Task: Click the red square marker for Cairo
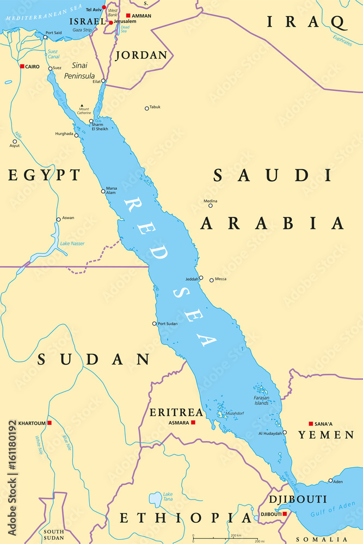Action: (22, 66)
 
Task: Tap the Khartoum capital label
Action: (30, 423)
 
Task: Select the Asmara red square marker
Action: (193, 423)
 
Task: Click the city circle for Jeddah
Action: (201, 278)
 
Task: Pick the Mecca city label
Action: (221, 279)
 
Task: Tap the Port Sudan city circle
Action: (155, 324)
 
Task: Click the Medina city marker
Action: (211, 206)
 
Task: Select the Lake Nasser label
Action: (72, 243)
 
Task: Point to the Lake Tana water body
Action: (156, 499)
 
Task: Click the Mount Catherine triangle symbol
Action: (82, 106)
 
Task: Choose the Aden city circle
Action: (330, 480)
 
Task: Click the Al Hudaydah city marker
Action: (285, 433)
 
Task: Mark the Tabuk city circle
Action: (147, 108)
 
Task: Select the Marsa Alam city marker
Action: (103, 191)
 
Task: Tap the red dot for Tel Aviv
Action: (104, 8)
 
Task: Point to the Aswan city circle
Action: (59, 220)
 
